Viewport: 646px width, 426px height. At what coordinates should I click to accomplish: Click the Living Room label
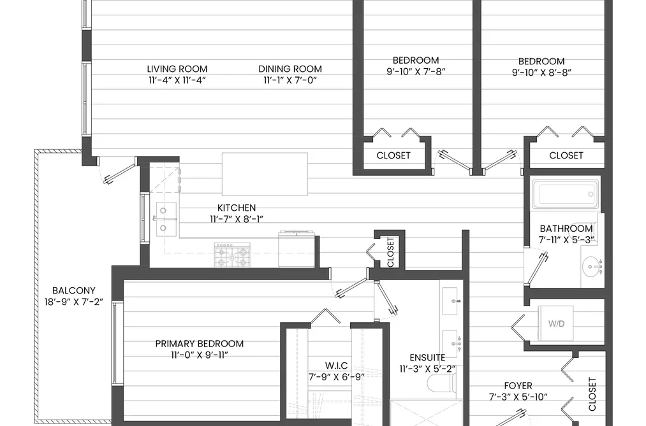pos(177,69)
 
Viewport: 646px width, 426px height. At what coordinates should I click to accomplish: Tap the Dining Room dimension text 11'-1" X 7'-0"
pos(290,80)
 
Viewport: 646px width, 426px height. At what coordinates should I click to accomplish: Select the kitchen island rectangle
pos(265,174)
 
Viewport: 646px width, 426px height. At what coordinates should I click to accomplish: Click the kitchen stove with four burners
pos(232,255)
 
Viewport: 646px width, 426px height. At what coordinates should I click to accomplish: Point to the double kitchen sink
pos(166,219)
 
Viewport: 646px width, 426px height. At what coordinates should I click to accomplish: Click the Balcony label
pos(74,290)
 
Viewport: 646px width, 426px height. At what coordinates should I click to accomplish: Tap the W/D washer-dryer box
pos(556,323)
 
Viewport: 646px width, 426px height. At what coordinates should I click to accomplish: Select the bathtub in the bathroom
pos(565,194)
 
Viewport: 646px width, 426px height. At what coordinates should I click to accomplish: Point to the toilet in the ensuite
pos(442,383)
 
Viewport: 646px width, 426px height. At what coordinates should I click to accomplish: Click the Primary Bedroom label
pos(200,343)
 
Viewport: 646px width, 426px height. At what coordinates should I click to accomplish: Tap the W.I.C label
pos(336,366)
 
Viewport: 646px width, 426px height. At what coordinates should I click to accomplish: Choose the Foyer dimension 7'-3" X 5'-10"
pos(518,397)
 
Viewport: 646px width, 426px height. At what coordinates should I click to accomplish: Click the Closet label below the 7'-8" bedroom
pos(393,155)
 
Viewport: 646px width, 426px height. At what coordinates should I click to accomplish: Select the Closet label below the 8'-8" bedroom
pos(566,155)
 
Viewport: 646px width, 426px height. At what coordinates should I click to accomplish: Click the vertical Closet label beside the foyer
pos(592,394)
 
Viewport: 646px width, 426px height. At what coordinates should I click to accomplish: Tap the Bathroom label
pos(566,228)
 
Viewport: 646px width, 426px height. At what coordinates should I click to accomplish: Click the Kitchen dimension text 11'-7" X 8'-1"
pos(237,219)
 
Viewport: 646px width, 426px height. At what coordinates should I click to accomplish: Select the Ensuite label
pos(427,357)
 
